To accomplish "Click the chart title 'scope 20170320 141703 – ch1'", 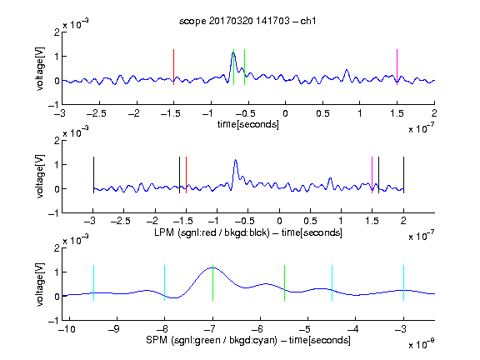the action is pyautogui.click(x=247, y=21).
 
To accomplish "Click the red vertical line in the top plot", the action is pyautogui.click(x=173, y=67).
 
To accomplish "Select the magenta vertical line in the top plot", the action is pyautogui.click(x=397, y=67).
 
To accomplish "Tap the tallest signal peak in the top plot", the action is pyautogui.click(x=233, y=53).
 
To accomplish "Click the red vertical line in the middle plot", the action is pyautogui.click(x=186, y=175).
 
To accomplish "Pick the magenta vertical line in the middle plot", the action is pyautogui.click(x=372, y=175).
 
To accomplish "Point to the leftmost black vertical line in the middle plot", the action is pyautogui.click(x=93, y=175).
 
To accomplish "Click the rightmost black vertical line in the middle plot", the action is pyautogui.click(x=404, y=175).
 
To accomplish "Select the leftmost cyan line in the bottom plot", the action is pyautogui.click(x=93, y=282).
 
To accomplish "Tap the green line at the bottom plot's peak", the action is pyautogui.click(x=212, y=282).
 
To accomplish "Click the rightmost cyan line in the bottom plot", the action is pyautogui.click(x=404, y=282).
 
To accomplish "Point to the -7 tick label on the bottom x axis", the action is pyautogui.click(x=210, y=329).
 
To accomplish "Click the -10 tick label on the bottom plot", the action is pyautogui.click(x=67, y=329).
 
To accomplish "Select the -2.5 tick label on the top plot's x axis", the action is pyautogui.click(x=97, y=113).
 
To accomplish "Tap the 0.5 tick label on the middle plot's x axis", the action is pyautogui.click(x=310, y=221).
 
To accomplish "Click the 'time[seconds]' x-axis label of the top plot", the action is pyautogui.click(x=248, y=124).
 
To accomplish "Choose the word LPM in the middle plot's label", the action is pyautogui.click(x=164, y=232).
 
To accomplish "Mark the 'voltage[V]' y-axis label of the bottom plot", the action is pyautogui.click(x=40, y=285).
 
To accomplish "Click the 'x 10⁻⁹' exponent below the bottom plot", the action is pyautogui.click(x=422, y=344).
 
